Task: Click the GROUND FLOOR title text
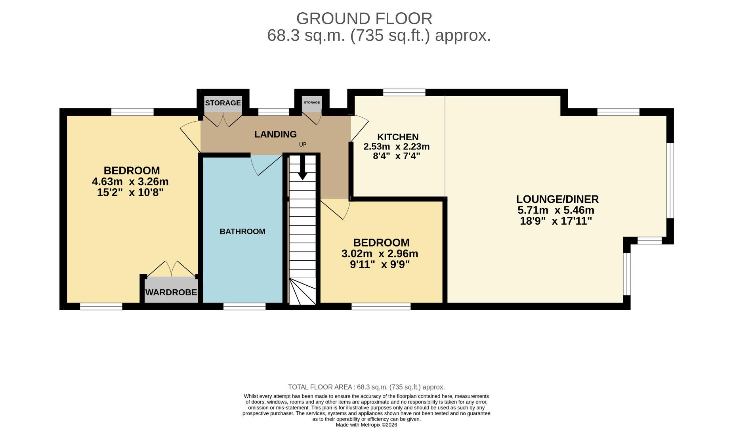click(x=364, y=19)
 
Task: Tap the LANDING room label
click(x=275, y=134)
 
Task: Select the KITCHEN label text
click(x=397, y=137)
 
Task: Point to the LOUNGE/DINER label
click(x=557, y=199)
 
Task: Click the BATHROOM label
click(x=242, y=231)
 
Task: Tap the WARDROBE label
click(x=171, y=292)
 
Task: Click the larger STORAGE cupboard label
click(x=223, y=103)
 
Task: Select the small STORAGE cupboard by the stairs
click(x=312, y=103)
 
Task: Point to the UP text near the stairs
click(x=303, y=145)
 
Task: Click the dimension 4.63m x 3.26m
click(x=130, y=182)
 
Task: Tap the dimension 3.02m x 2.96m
click(x=380, y=254)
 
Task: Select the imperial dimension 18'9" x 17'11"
click(x=555, y=221)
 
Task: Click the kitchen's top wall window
click(x=404, y=92)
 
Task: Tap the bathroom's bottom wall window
click(x=244, y=306)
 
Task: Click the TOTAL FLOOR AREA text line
click(x=366, y=387)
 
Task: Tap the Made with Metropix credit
click(x=366, y=425)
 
